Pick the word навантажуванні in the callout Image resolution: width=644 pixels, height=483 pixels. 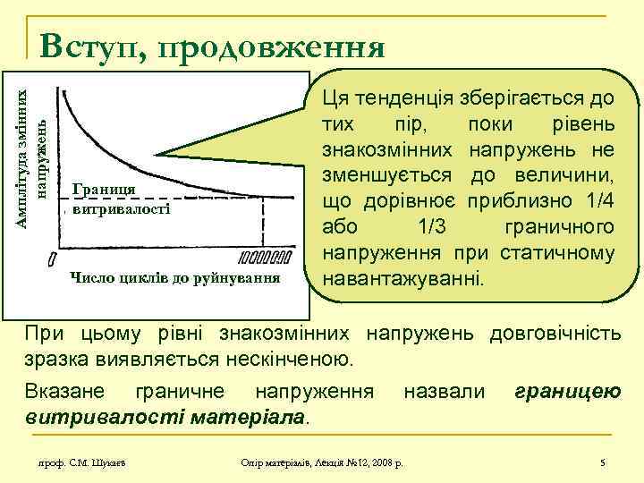point(405,277)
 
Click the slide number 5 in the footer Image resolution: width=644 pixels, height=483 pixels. point(603,462)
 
